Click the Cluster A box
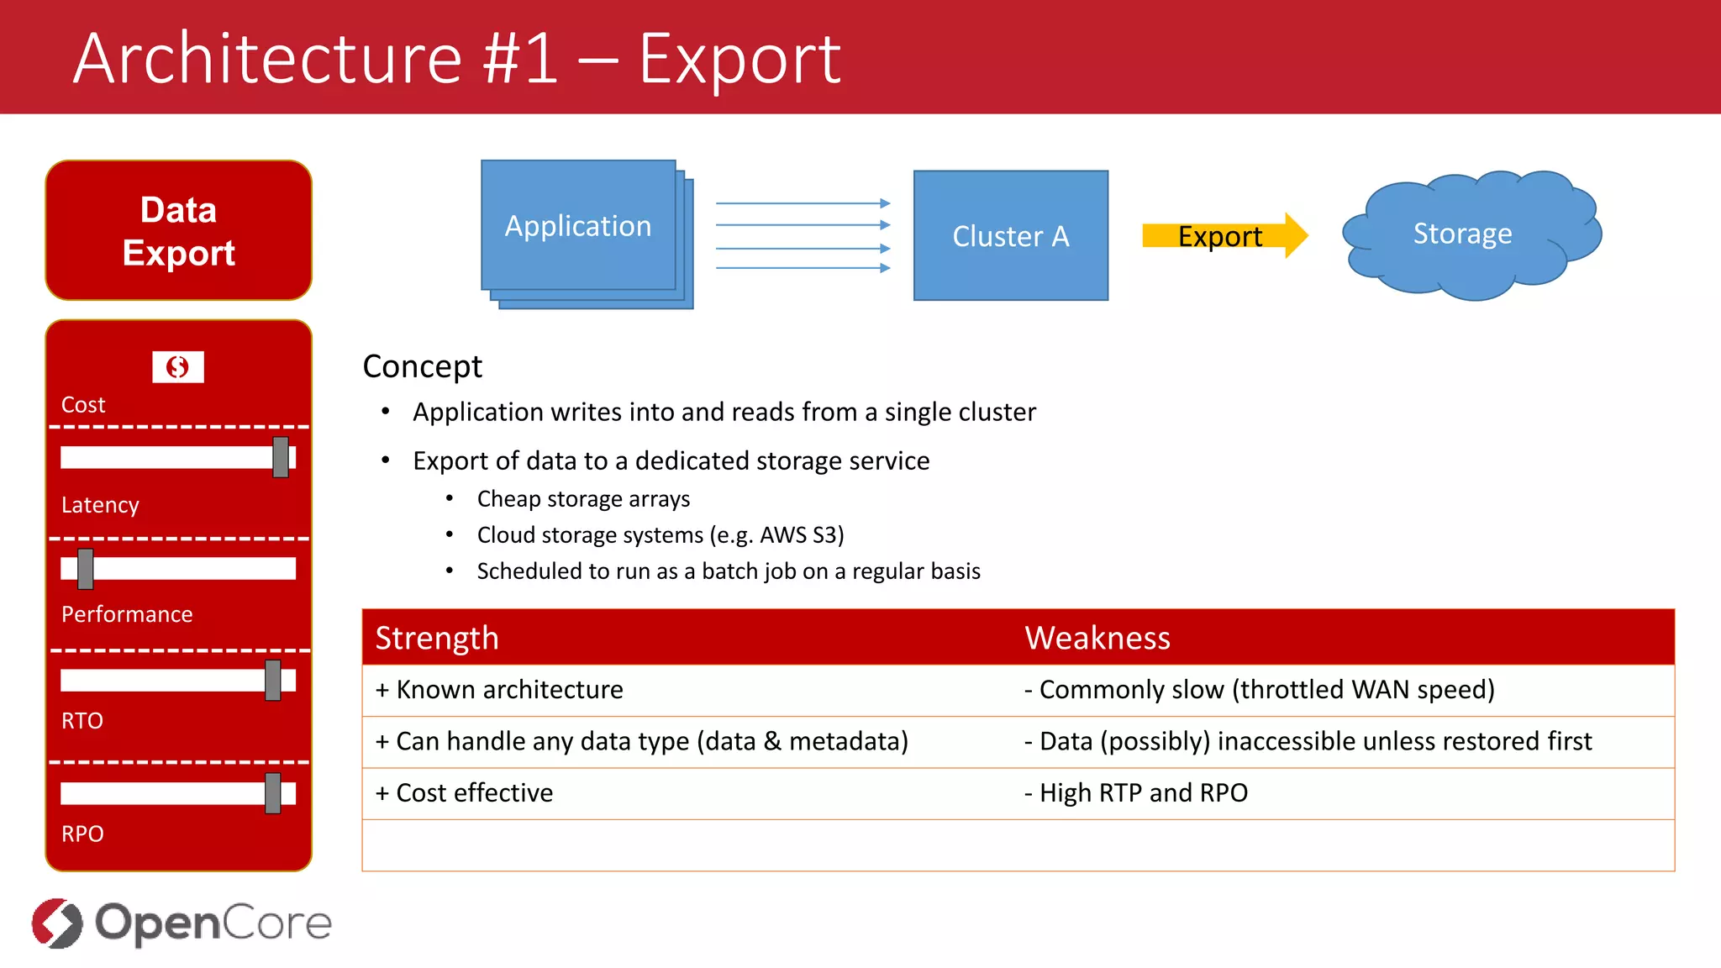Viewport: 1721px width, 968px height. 1010,236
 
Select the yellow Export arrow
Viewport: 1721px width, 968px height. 1223,236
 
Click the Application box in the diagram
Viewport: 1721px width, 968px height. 578,226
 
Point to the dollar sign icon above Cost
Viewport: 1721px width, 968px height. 178,367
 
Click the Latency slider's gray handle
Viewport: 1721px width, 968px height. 281,457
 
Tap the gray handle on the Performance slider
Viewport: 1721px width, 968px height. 86,569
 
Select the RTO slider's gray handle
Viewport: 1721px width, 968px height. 273,680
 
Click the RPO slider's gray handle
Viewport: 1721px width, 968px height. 273,793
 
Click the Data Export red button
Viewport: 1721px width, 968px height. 178,231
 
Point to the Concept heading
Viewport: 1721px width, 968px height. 422,366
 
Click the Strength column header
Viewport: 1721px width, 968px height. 437,638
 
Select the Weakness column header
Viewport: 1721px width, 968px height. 1097,638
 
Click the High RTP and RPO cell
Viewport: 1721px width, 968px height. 1136,793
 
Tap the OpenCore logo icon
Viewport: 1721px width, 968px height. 57,923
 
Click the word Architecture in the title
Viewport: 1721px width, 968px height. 267,59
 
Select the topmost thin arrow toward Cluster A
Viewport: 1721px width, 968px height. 802,203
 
